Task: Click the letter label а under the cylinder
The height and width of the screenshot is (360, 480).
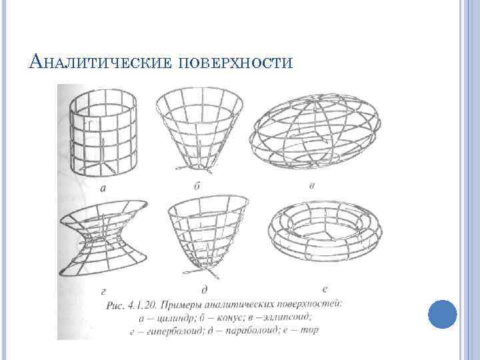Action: pos(103,188)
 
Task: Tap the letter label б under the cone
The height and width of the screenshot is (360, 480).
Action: pos(197,185)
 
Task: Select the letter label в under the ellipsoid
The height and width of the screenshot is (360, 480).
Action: pos(312,185)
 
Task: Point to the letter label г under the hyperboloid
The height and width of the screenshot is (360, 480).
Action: pos(103,291)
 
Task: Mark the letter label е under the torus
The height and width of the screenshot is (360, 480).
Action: pos(324,288)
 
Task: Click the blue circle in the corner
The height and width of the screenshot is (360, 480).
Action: pos(441,313)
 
